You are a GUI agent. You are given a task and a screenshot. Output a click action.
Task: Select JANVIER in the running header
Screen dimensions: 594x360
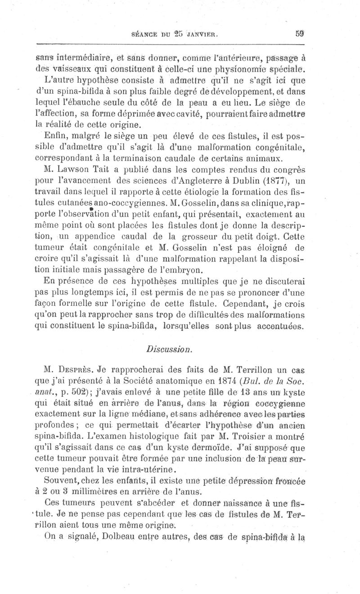[x=202, y=33]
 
